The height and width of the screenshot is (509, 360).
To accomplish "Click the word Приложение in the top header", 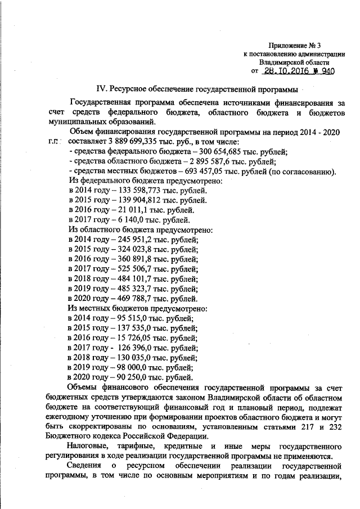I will pos(285,45).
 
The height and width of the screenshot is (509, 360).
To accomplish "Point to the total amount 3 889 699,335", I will pos(132,142).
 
